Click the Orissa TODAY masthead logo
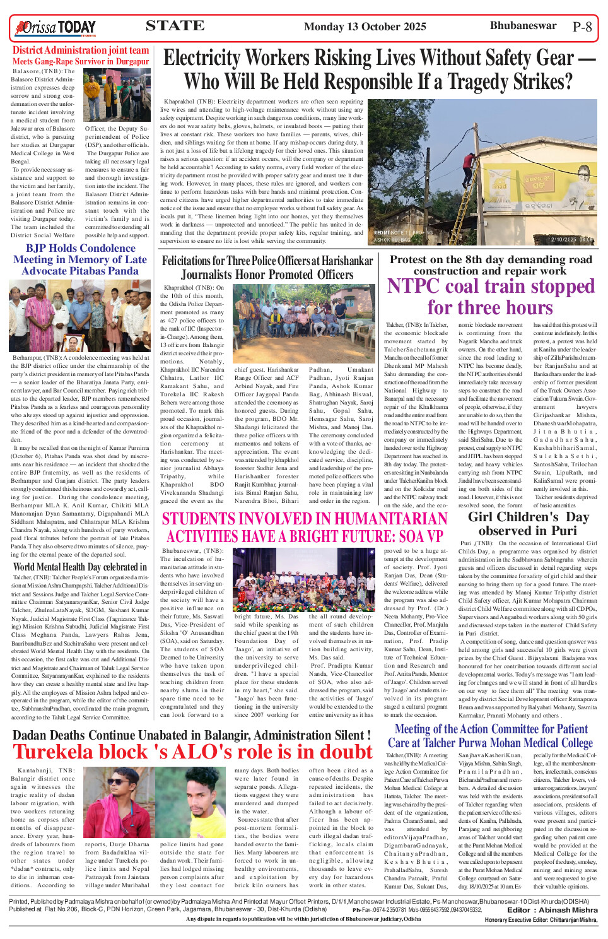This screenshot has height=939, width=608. tap(56, 27)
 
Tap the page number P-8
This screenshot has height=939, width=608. tap(582, 27)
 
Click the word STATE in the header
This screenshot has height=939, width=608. tap(175, 26)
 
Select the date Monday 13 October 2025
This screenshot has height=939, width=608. tap(365, 27)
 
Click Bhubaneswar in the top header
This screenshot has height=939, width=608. tap(523, 26)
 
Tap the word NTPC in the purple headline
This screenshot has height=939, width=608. tap(414, 286)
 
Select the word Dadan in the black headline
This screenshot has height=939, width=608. tap(33, 735)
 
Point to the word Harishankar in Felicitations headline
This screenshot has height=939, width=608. tap(342, 261)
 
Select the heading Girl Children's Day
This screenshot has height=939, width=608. tap(528, 517)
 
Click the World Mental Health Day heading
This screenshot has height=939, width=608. tap(79, 567)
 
